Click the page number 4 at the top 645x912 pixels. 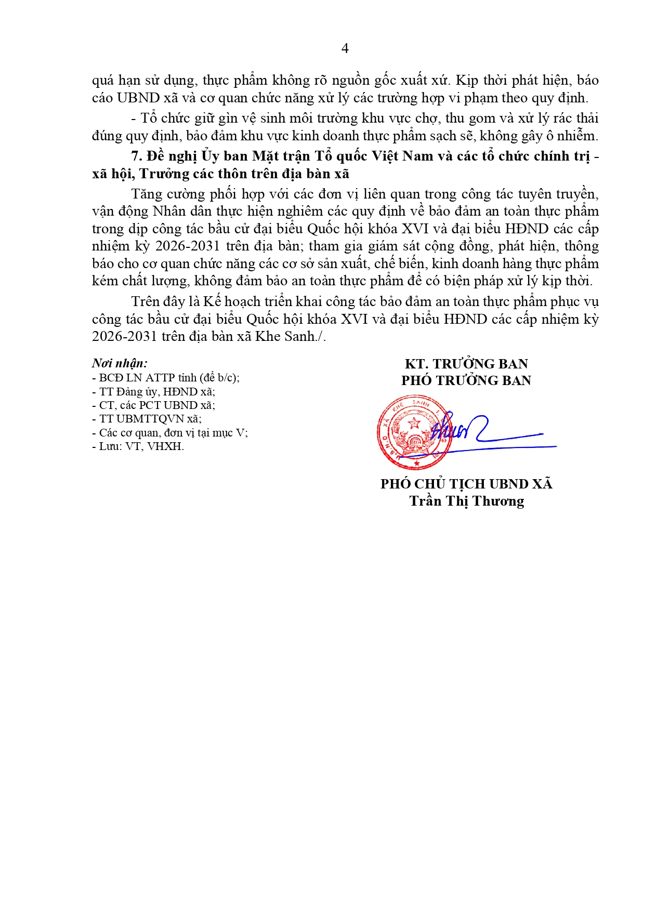point(345,48)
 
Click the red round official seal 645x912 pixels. point(414,432)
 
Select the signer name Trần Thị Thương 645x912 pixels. point(466,501)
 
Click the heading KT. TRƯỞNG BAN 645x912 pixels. point(466,364)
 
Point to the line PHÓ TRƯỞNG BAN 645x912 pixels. point(466,380)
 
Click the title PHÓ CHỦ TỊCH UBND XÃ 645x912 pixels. point(466,484)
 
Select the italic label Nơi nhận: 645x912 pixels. point(120,363)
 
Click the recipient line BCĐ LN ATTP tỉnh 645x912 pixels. point(166,378)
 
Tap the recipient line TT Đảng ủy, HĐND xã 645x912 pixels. point(153,391)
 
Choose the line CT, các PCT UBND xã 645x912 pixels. point(153,405)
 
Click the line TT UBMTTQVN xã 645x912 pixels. point(147,418)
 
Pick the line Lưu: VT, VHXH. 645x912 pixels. point(138,446)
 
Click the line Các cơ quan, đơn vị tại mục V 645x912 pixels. point(170,432)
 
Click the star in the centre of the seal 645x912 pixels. point(414,422)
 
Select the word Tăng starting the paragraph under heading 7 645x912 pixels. point(147,194)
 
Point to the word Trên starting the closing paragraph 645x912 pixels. point(146,302)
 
